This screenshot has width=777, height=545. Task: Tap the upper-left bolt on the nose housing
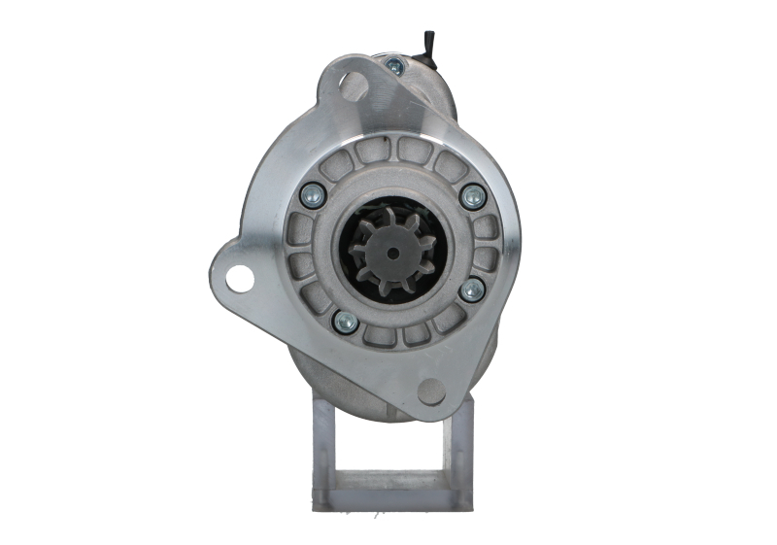(313, 193)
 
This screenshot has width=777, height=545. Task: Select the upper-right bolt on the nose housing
(473, 197)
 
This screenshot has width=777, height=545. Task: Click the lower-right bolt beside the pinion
(472, 290)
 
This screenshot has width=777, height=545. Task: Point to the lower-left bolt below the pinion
(345, 322)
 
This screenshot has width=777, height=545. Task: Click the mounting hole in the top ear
(354, 86)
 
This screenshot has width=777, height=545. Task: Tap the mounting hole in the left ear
(239, 278)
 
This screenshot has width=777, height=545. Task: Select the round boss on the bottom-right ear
(431, 392)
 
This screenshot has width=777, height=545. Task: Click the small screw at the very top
(394, 67)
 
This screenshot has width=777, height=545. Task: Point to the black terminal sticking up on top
(426, 45)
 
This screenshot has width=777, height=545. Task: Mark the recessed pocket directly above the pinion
(399, 151)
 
